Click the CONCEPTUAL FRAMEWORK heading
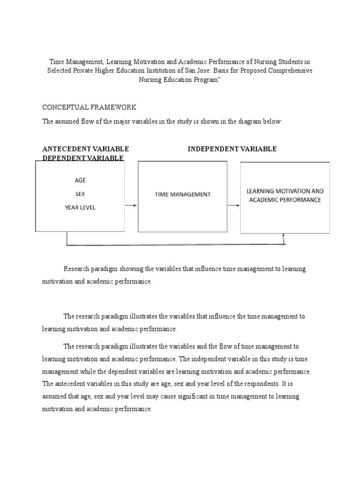coord(89,107)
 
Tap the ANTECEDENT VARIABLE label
coord(85,149)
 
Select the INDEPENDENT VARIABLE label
coord(232,149)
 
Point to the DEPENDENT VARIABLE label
coord(83,158)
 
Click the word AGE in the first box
coord(80,180)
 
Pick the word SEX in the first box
coord(80,194)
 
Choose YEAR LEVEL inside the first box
coord(80,207)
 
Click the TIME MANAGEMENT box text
coord(183,194)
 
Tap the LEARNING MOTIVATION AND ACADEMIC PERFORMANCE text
coord(285,195)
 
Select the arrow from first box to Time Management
coord(131,205)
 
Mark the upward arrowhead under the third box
coord(284,237)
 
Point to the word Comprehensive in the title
coord(290,70)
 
